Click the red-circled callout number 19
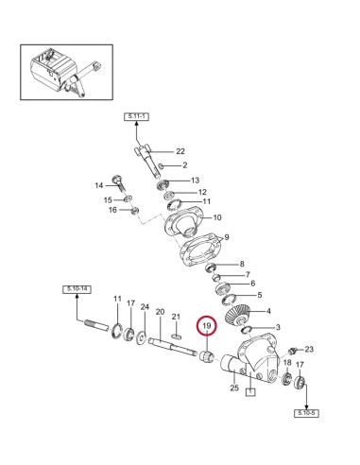pos(207,327)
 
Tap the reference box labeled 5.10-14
pos(77,288)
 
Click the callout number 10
pos(216,218)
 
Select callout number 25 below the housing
pos(233,387)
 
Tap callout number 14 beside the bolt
pos(97,185)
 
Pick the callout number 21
pos(176,316)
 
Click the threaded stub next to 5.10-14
pos(99,327)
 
